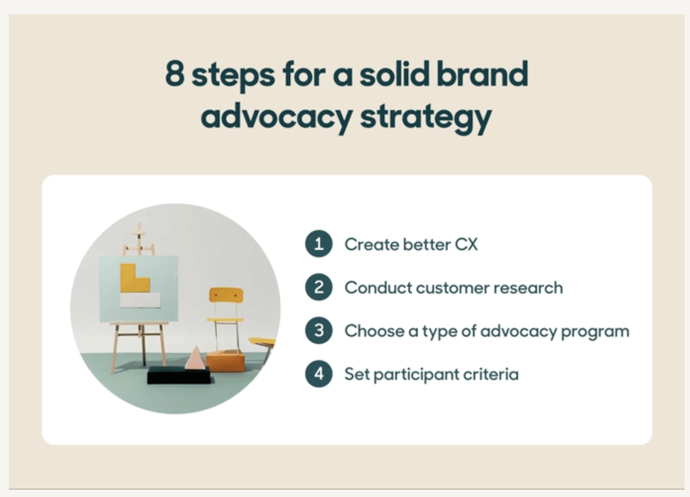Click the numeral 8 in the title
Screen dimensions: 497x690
coord(174,74)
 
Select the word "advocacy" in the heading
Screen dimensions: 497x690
coord(276,116)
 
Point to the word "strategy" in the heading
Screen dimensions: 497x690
coord(426,117)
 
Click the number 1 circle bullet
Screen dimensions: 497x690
coord(319,244)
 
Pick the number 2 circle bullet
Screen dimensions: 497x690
coord(319,287)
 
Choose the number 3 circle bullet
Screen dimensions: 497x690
coord(319,331)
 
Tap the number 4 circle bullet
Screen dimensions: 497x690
coord(319,374)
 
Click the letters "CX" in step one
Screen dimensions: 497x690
coord(466,245)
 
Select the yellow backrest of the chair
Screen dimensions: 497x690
coord(226,295)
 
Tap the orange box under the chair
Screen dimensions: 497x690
coord(225,361)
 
